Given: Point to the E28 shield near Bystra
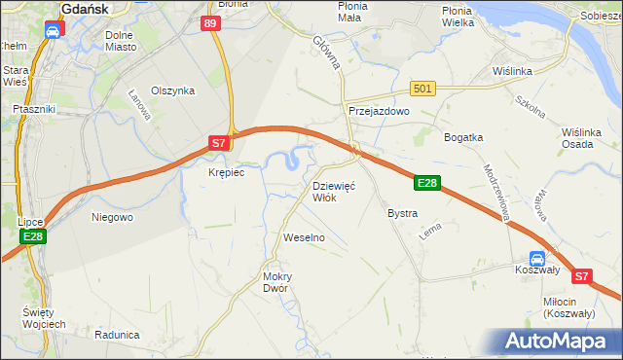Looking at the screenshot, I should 427,182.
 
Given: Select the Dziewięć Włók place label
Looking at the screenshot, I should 334,191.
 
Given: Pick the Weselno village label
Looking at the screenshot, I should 303,237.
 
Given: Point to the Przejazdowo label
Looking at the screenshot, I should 380,112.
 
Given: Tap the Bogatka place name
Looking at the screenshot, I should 463,137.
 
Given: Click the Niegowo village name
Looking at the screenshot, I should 111,217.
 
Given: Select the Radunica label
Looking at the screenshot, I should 118,334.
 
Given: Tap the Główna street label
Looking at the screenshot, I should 325,53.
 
